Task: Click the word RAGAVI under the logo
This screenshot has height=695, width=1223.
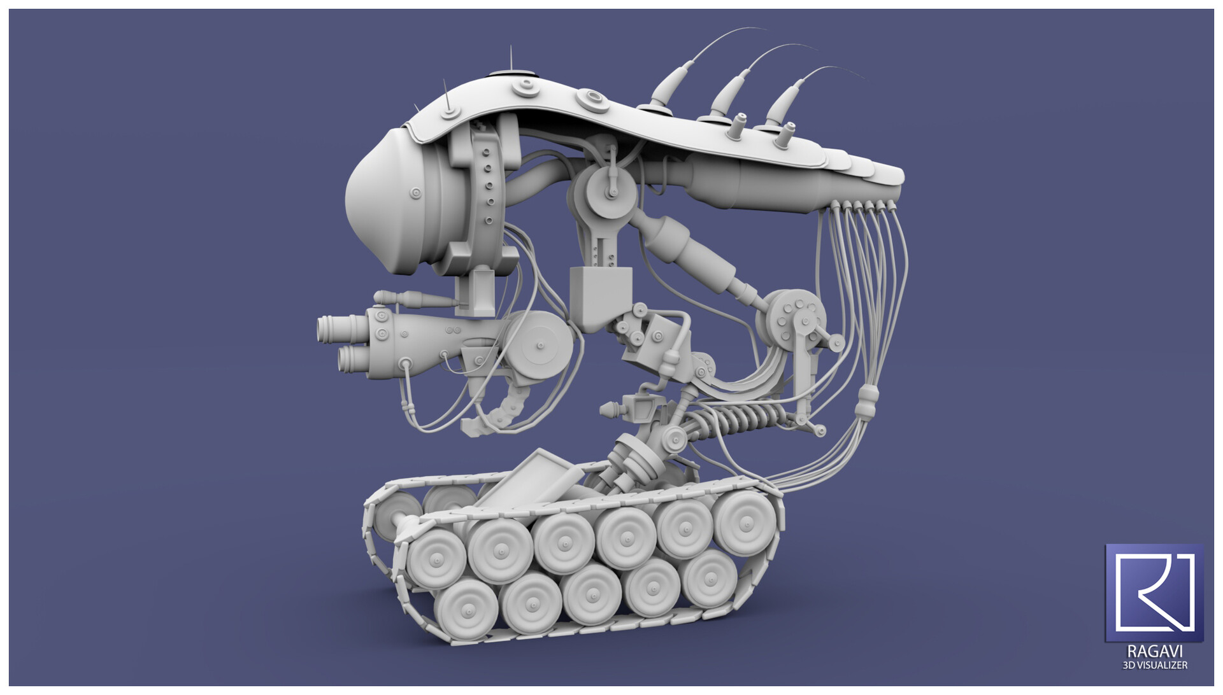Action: coord(1154,652)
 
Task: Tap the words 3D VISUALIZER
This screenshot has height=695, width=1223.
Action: coord(1154,665)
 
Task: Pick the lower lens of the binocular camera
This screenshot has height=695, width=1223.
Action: coord(351,360)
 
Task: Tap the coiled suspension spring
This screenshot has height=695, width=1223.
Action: coord(739,421)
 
